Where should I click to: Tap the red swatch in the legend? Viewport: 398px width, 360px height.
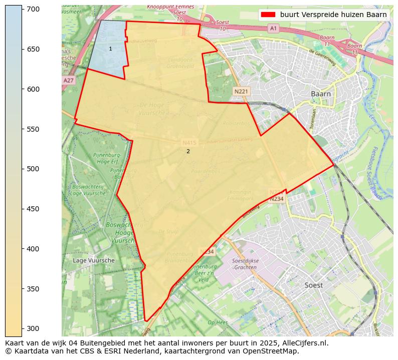click(268, 15)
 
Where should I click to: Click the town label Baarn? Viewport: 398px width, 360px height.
click(320, 94)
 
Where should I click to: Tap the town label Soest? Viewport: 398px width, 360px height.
click(313, 285)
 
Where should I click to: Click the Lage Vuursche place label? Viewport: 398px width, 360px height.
click(93, 260)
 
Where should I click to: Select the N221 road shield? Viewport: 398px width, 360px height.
click(241, 91)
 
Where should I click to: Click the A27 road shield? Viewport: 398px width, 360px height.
click(69, 80)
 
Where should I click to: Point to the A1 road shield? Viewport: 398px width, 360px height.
click(273, 29)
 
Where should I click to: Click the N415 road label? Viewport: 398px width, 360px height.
click(189, 142)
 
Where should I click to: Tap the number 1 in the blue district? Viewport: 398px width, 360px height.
click(110, 49)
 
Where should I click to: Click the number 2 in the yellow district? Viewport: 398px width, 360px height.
click(188, 151)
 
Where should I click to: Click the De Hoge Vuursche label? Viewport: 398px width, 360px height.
click(151, 109)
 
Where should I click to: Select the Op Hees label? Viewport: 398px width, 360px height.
click(218, 322)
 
